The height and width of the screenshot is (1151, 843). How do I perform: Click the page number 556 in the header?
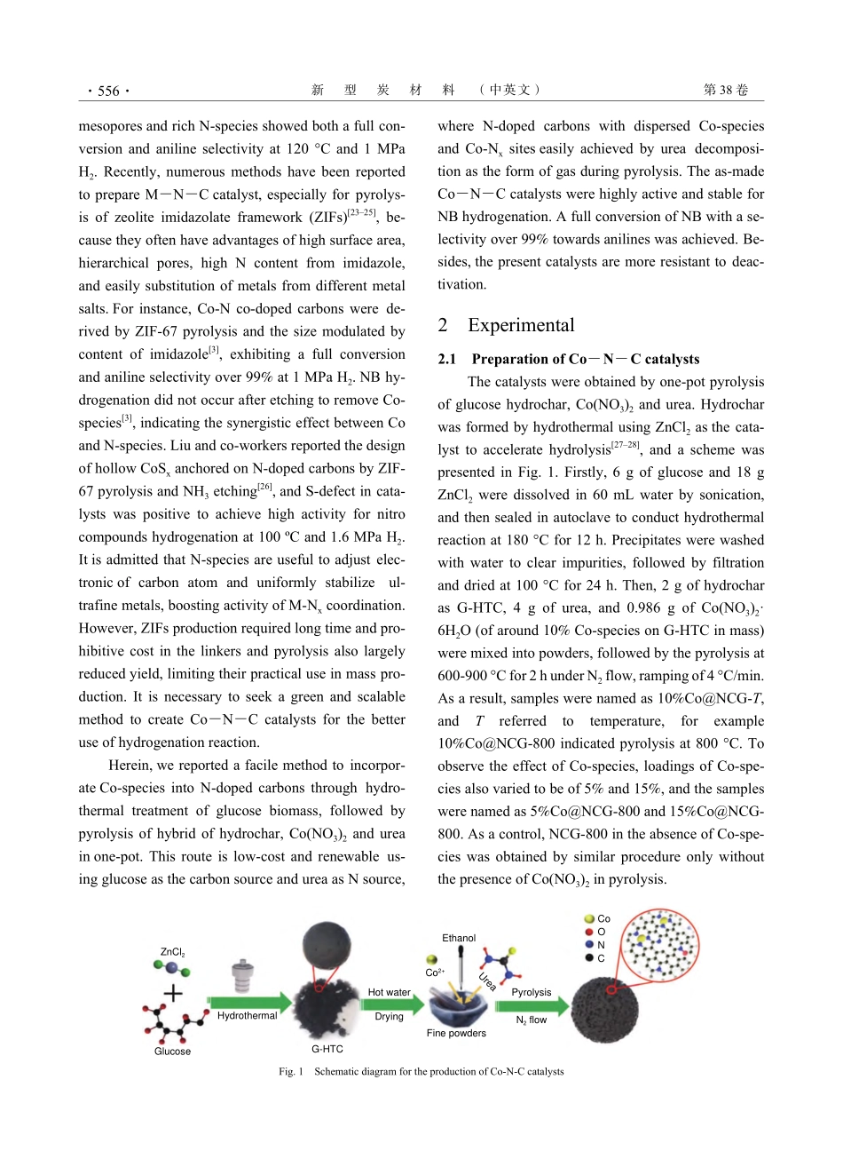click(x=108, y=91)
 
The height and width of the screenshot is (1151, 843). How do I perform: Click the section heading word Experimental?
click(x=521, y=325)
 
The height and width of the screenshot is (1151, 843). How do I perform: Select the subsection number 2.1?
click(x=446, y=359)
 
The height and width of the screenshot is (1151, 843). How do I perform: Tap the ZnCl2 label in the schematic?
click(x=173, y=952)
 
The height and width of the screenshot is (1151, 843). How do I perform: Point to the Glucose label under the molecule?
click(x=172, y=1052)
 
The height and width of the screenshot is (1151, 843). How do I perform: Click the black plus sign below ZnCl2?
click(x=173, y=992)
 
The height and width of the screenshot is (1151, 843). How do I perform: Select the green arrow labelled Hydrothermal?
click(x=249, y=1004)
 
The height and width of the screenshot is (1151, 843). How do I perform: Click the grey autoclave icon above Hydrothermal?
click(x=241, y=974)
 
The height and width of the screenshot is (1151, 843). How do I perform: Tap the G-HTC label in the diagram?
click(x=327, y=1049)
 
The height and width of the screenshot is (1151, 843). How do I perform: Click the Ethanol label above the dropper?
click(x=459, y=938)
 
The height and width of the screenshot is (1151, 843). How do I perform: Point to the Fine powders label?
click(x=456, y=1033)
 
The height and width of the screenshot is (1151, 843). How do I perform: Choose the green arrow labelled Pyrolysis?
click(x=531, y=1006)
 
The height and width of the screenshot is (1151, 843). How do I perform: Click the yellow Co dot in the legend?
click(x=589, y=919)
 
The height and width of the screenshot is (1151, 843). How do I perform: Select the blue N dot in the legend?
click(x=589, y=945)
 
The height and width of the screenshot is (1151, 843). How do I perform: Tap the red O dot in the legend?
click(x=589, y=932)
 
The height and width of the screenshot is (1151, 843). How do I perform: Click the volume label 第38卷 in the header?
click(x=726, y=90)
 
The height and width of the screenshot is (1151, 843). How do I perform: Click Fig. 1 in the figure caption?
click(x=291, y=1071)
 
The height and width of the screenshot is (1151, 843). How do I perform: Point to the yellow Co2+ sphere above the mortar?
click(x=431, y=960)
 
